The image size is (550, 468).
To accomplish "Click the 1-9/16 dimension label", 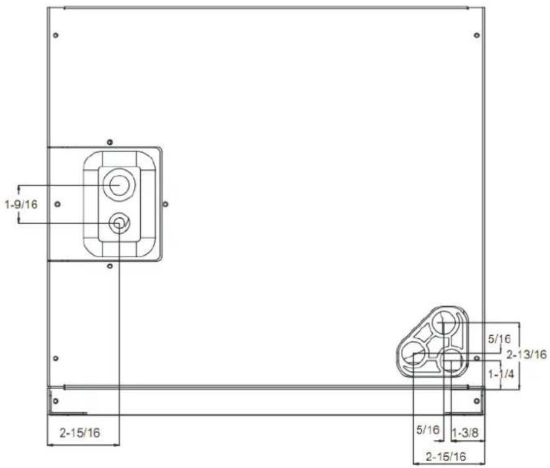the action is pyautogui.click(x=21, y=204).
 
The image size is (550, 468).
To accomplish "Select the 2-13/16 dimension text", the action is pyautogui.click(x=526, y=354).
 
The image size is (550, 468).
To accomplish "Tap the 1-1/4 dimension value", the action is pyautogui.click(x=501, y=374).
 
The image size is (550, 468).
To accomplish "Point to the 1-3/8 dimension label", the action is pyautogui.click(x=465, y=433).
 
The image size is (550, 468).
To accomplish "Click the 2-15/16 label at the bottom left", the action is pyautogui.click(x=80, y=433).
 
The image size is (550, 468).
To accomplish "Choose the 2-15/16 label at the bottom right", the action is pyautogui.click(x=446, y=457).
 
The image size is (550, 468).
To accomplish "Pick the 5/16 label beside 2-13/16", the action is pyautogui.click(x=500, y=339).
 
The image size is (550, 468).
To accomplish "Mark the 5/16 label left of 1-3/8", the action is pyautogui.click(x=428, y=430).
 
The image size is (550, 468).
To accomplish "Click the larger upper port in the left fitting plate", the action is pyautogui.click(x=119, y=185).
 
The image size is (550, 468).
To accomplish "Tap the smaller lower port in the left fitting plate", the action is pyautogui.click(x=119, y=223).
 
